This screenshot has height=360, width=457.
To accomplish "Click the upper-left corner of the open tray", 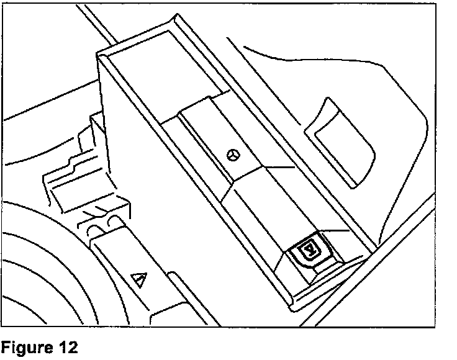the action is (101, 55).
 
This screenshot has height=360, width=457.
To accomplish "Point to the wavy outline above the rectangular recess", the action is (348, 62).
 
